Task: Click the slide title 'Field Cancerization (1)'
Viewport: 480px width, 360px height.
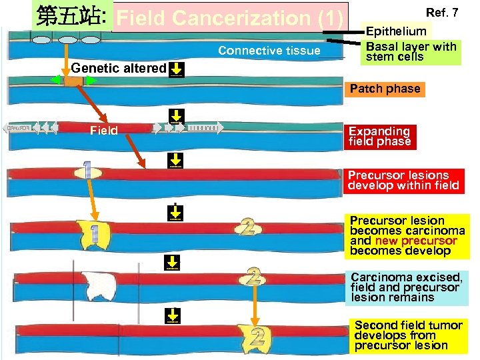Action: (230, 19)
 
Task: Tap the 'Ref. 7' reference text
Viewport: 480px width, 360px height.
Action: (442, 12)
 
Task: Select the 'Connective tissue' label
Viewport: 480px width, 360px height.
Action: (269, 51)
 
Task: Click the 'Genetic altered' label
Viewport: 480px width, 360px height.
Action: (118, 68)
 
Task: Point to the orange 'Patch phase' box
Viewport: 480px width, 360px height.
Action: (385, 89)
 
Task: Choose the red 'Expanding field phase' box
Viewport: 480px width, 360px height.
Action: (379, 136)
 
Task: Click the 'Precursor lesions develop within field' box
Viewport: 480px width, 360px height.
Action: (403, 180)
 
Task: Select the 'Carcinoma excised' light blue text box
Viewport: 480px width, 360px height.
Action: (406, 287)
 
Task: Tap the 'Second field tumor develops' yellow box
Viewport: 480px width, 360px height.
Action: (408, 335)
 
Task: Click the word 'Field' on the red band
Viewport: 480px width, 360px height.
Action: (103, 131)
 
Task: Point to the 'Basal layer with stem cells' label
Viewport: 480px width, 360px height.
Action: (411, 51)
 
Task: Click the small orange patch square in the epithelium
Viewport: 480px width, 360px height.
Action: (71, 81)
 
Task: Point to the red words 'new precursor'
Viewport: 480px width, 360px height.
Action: (416, 241)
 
